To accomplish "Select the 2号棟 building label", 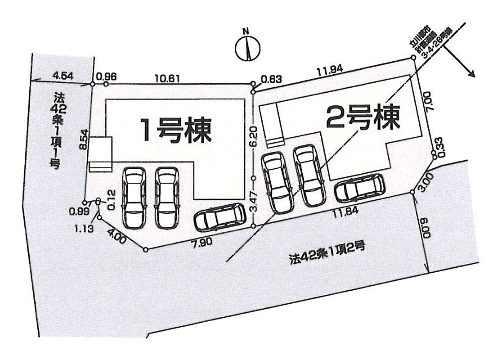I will click(363, 117).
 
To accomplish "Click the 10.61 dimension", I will click(168, 78).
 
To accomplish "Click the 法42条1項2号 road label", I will click(327, 258).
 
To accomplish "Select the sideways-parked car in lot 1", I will click(220, 218).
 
